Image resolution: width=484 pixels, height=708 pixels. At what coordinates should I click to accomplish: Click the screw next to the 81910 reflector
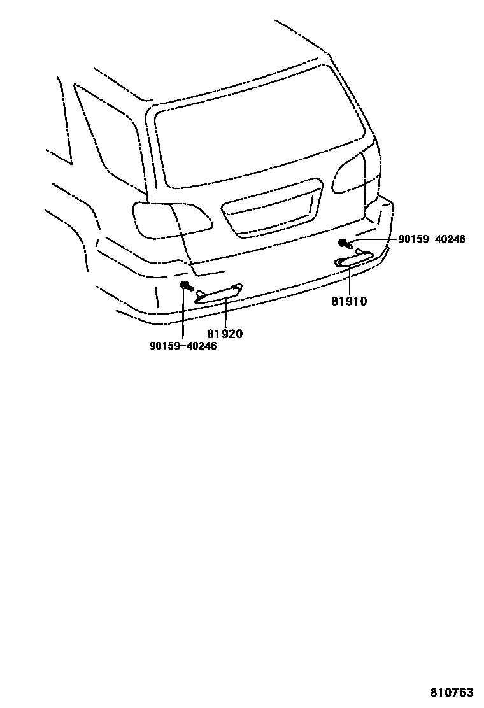[x=345, y=243]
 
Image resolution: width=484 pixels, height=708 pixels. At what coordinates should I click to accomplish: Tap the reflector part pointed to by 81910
[x=353, y=258]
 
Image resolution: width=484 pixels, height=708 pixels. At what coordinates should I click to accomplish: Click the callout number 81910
[x=349, y=301]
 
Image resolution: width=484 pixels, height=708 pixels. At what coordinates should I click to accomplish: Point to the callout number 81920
[x=224, y=334]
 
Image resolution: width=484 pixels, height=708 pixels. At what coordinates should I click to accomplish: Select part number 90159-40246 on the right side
[x=432, y=239]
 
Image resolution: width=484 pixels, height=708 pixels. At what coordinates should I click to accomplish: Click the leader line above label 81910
[x=350, y=280]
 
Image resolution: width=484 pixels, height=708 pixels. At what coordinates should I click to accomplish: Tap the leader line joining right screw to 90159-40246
[x=376, y=239]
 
